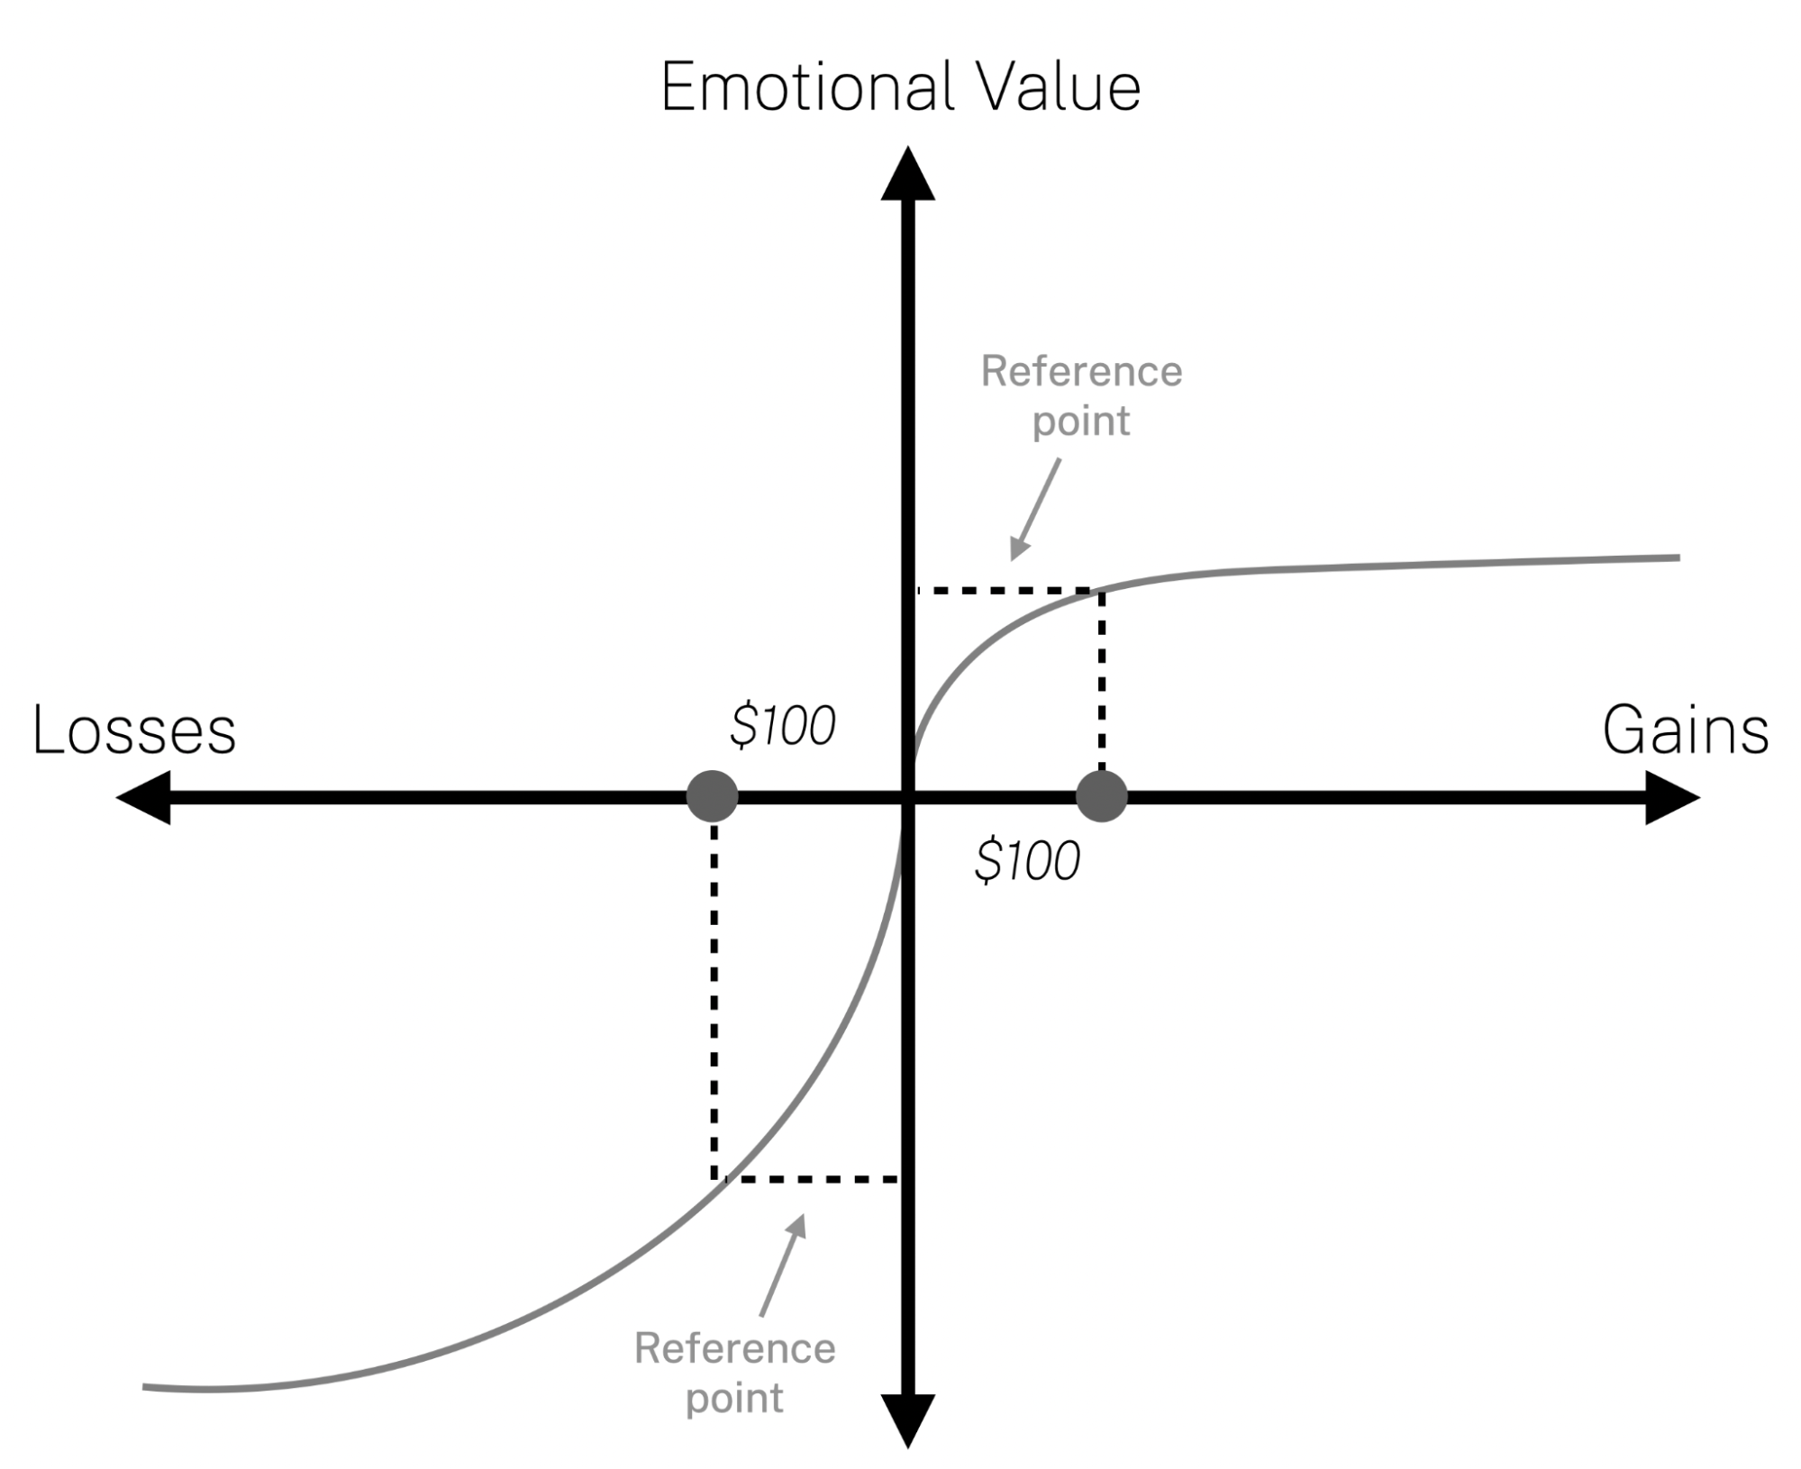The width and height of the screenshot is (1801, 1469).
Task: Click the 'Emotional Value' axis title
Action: [900, 87]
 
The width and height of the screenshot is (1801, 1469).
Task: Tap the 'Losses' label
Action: [134, 730]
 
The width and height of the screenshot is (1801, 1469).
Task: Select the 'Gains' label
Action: [1685, 730]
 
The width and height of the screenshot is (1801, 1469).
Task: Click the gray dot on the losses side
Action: [713, 796]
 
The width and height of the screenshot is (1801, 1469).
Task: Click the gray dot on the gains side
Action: [1102, 796]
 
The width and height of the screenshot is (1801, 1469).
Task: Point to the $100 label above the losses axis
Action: [782, 726]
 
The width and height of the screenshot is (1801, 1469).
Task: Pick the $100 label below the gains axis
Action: [1027, 860]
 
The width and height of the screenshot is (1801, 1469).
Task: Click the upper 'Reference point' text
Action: [1081, 396]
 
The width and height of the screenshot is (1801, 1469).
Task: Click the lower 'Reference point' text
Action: [734, 1374]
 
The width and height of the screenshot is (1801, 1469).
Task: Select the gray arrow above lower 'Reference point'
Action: [782, 1265]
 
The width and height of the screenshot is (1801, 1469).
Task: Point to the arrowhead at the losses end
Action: [144, 797]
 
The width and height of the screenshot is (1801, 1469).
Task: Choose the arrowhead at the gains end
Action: [1672, 797]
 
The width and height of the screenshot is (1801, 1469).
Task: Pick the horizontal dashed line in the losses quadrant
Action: [811, 1179]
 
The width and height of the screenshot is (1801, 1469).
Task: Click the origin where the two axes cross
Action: [907, 797]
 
